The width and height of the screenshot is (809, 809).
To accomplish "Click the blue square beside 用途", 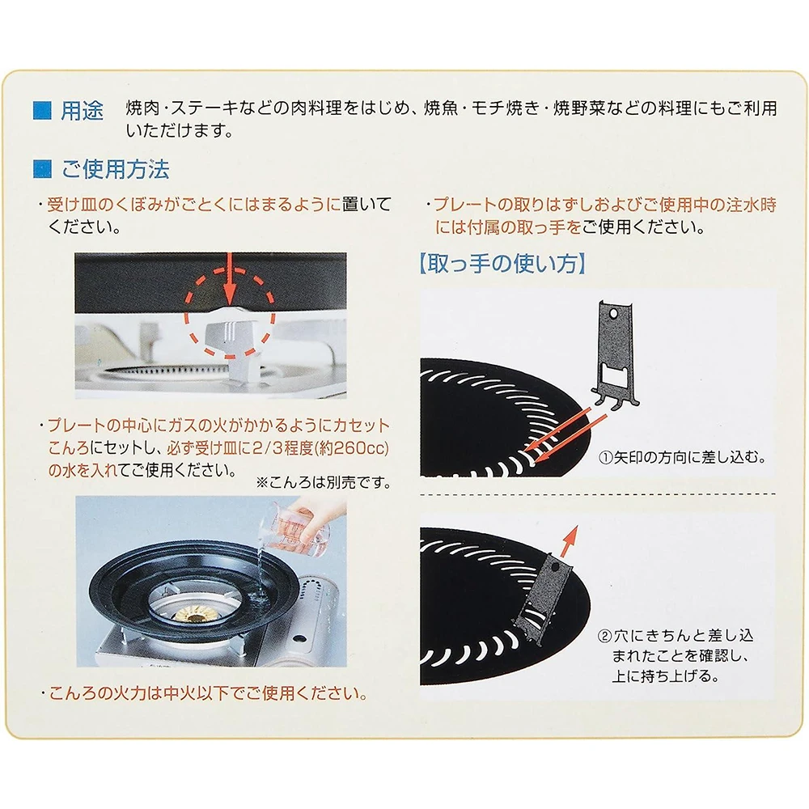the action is tap(42, 110).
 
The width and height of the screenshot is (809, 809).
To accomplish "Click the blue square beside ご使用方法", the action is tap(42, 169).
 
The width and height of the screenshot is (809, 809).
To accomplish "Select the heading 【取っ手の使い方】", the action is tap(502, 263).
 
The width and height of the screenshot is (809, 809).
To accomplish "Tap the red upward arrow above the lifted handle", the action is tap(569, 542).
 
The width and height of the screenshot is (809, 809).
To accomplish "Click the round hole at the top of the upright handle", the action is tap(613, 314).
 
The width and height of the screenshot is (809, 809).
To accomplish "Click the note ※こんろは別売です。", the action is tap(323, 482).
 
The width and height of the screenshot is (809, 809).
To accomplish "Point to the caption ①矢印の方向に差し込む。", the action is tap(681, 457).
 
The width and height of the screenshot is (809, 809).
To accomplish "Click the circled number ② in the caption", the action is tap(604, 636).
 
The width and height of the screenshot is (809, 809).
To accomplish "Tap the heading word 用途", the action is tap(82, 110).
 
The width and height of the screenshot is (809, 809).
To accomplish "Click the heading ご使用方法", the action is tap(115, 169).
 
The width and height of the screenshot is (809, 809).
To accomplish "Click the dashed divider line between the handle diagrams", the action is tap(598, 493).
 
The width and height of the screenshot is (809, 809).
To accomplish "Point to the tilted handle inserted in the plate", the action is tap(544, 602).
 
